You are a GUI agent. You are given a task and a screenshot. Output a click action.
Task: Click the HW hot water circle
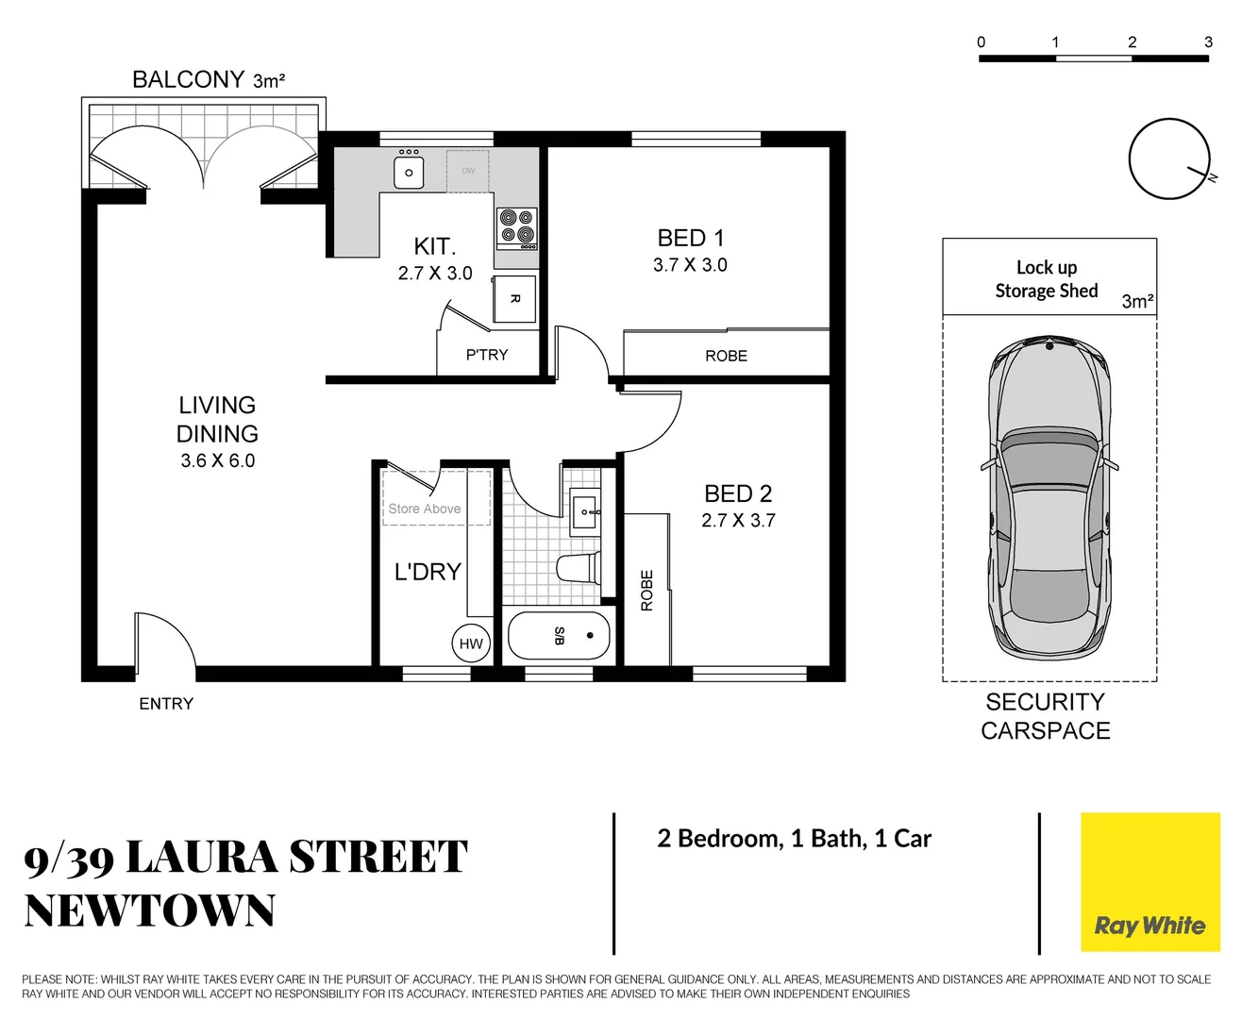point(471,643)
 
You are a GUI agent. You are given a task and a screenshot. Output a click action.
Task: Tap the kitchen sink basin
point(409,173)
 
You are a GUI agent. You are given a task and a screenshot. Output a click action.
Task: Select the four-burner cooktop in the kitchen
point(517,227)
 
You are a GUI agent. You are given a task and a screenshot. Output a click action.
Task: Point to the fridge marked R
point(514,299)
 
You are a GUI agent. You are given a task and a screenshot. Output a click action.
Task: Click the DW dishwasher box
point(468,171)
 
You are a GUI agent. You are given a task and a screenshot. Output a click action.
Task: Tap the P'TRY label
point(487,355)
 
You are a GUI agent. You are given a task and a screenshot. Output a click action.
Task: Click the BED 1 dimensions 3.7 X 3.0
point(690,265)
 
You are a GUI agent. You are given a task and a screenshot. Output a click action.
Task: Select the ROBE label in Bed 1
point(726,356)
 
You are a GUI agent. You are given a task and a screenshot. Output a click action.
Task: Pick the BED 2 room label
point(738,493)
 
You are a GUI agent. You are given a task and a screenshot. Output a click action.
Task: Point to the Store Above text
point(425,509)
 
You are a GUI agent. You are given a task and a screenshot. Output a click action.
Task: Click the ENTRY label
point(166,704)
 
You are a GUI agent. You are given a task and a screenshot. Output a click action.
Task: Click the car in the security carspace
point(1048,500)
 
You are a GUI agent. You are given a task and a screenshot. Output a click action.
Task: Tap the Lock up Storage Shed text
point(1046,279)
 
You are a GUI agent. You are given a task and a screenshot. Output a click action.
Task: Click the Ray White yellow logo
point(1150,882)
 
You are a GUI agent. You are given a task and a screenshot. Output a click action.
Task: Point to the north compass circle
point(1168,159)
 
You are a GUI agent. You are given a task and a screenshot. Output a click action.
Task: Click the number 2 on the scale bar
point(1132,42)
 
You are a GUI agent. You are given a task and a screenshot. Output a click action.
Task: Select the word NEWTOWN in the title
point(150,911)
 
